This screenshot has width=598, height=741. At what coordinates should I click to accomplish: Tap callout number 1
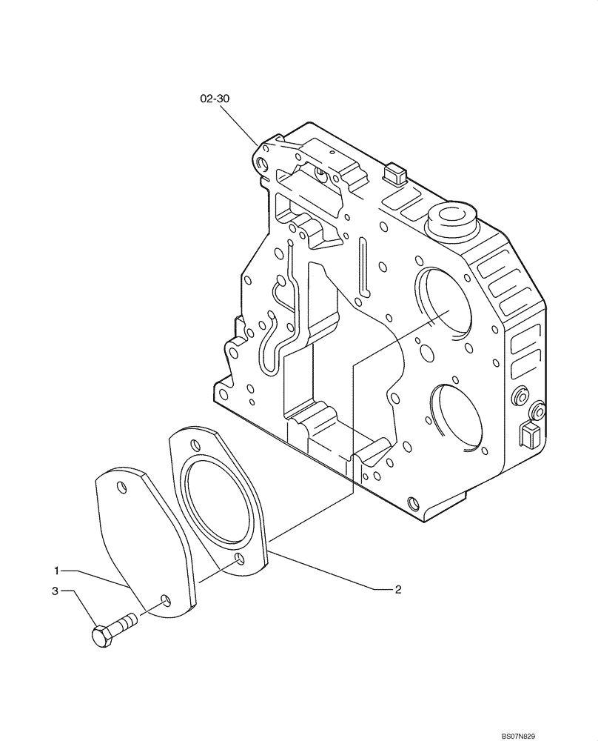(x=56, y=571)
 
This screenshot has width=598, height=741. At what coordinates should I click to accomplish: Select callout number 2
(x=397, y=590)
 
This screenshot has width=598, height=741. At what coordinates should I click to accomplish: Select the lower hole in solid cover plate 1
(x=165, y=599)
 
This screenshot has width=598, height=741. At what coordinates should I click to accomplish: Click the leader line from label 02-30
(x=240, y=122)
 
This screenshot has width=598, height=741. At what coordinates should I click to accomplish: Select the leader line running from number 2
(x=326, y=571)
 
